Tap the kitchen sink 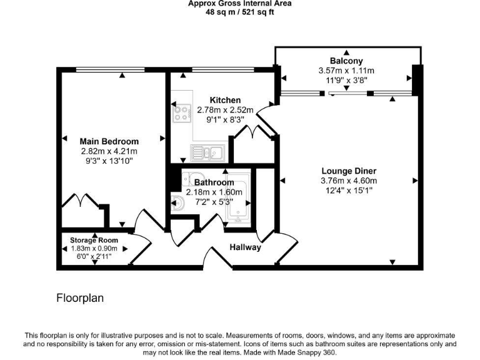207,152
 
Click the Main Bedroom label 109,141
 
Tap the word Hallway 245,247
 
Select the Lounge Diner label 349,171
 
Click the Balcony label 346,61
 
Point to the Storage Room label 94,240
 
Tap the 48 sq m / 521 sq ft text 240,12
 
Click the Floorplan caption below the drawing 81,298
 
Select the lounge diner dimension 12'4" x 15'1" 349,191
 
